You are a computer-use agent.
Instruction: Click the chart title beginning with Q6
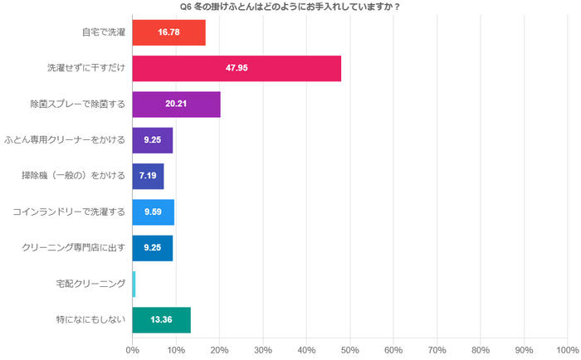(x=290, y=7)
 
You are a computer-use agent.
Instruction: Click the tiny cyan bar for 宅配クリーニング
(x=134, y=284)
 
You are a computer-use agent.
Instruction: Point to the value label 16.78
(x=168, y=32)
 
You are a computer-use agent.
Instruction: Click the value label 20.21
(x=176, y=105)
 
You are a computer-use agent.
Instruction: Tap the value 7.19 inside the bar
(x=148, y=176)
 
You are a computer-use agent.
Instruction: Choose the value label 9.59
(x=153, y=212)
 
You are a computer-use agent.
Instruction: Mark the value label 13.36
(x=161, y=319)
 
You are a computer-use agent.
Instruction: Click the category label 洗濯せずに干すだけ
(x=85, y=68)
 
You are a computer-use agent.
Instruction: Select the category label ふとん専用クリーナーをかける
(x=65, y=140)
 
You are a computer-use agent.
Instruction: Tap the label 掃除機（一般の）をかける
(x=73, y=176)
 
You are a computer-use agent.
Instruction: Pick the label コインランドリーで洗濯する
(x=69, y=212)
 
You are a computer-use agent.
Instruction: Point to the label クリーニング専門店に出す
(x=72, y=248)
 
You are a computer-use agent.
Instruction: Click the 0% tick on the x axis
(x=132, y=350)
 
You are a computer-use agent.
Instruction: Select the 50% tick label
(x=349, y=350)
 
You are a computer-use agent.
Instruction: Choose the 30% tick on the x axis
(x=262, y=350)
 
